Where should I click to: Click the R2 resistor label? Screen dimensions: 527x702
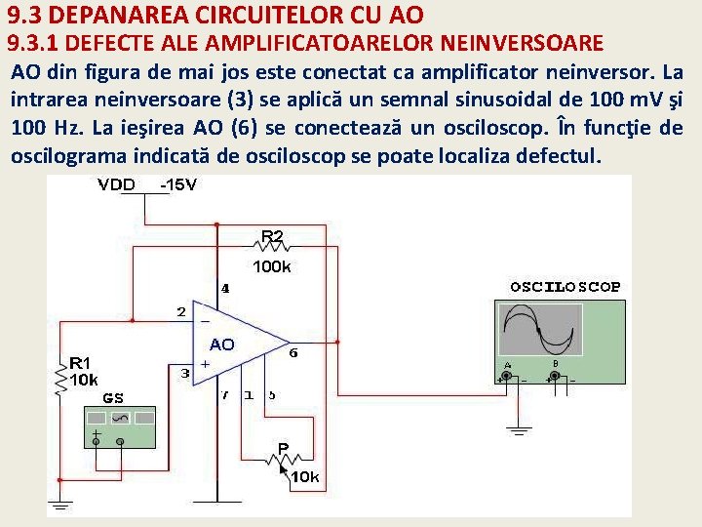(272, 236)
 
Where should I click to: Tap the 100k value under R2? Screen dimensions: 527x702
(272, 265)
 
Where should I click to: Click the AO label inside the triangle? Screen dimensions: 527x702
(221, 345)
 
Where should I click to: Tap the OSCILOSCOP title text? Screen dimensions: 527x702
(565, 287)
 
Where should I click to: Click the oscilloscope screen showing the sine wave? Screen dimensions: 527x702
(540, 330)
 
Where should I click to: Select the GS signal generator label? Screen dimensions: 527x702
(113, 398)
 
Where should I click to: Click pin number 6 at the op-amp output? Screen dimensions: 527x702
(293, 352)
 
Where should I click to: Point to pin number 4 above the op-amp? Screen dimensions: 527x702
(226, 289)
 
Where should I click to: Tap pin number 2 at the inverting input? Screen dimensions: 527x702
(180, 312)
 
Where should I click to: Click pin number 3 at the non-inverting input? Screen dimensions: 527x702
(185, 372)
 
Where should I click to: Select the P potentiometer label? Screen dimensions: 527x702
(283, 448)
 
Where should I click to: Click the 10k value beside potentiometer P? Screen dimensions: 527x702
(306, 477)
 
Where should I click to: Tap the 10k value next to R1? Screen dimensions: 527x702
(84, 379)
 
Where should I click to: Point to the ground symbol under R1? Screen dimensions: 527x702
(60, 505)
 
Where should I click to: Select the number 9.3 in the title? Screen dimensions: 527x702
(25, 15)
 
